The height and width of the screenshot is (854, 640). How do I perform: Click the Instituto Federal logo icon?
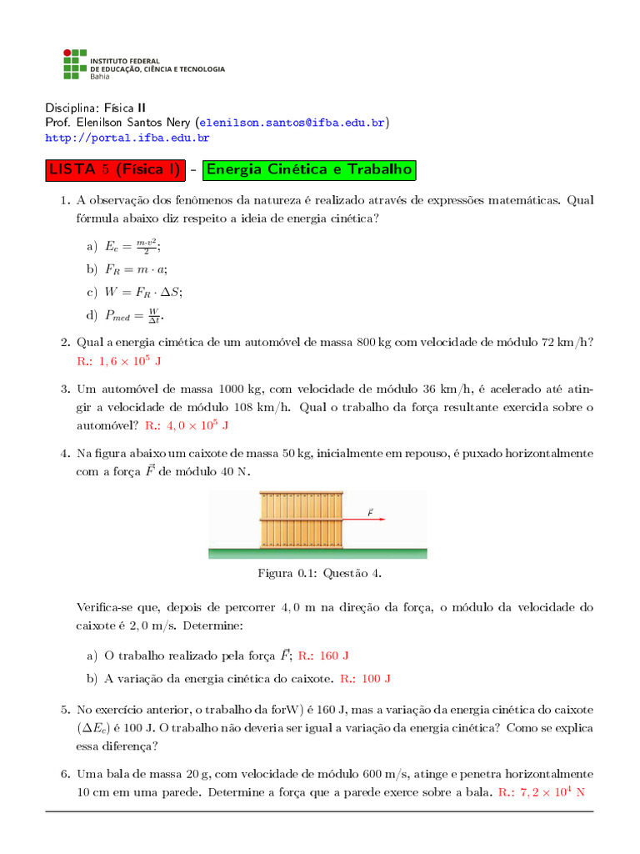75,65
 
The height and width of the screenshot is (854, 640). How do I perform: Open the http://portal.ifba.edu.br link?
127,138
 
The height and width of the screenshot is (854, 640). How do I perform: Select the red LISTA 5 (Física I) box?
114,170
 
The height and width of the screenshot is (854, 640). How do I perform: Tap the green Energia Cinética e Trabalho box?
309,170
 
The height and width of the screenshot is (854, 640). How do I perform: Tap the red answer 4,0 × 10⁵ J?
187,425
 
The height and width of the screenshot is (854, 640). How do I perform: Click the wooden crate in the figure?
301,519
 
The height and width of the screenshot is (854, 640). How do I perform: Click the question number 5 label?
64,710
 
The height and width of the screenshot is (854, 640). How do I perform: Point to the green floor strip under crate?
317,553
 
